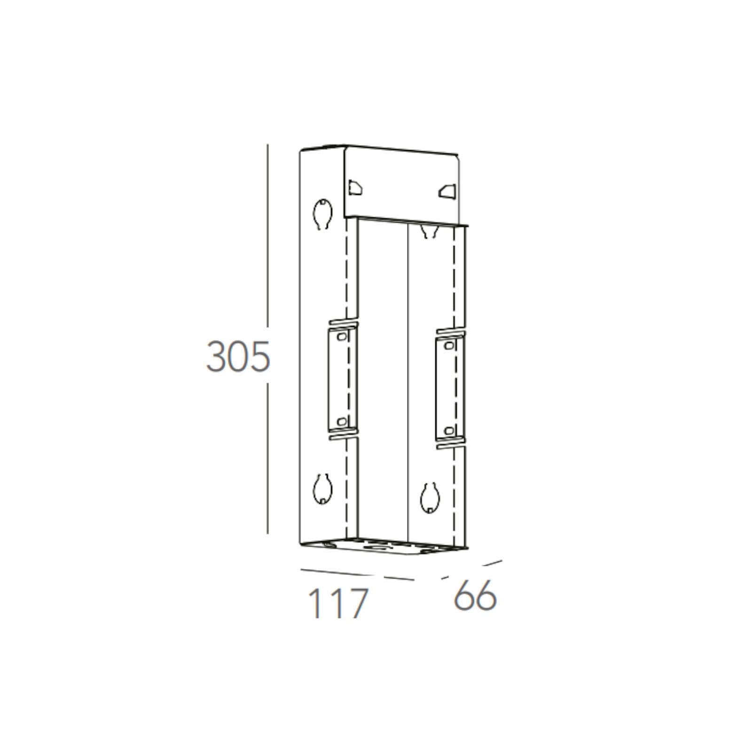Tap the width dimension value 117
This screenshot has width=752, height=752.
coord(337,603)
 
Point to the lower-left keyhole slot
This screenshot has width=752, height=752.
coord(323,488)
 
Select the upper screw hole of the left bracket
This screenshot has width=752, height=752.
coord(342,337)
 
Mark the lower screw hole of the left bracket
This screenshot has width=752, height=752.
coord(342,421)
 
